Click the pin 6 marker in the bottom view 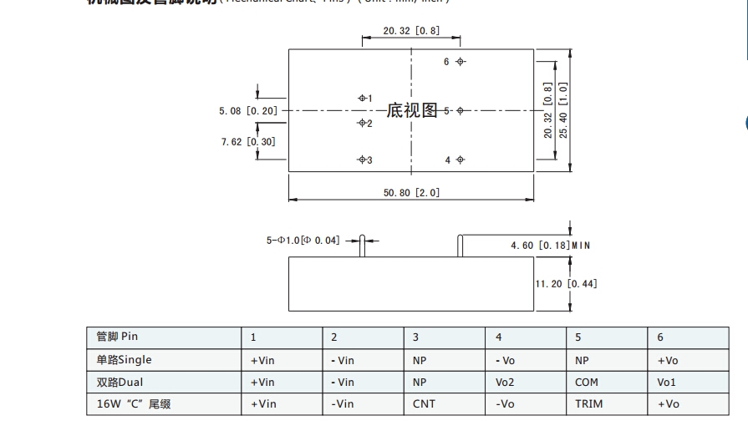click(x=461, y=62)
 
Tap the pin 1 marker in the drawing click(x=362, y=98)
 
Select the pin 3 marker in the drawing click(x=362, y=160)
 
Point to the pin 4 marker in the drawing click(x=461, y=160)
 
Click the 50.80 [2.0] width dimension click(x=411, y=192)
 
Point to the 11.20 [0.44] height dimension click(x=566, y=284)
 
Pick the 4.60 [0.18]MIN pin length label click(x=551, y=246)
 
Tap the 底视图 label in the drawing click(x=412, y=110)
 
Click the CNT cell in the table click(x=424, y=403)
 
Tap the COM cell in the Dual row click(x=587, y=382)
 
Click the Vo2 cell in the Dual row click(x=505, y=382)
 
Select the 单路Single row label click(x=125, y=359)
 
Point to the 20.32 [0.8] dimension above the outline click(x=411, y=31)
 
